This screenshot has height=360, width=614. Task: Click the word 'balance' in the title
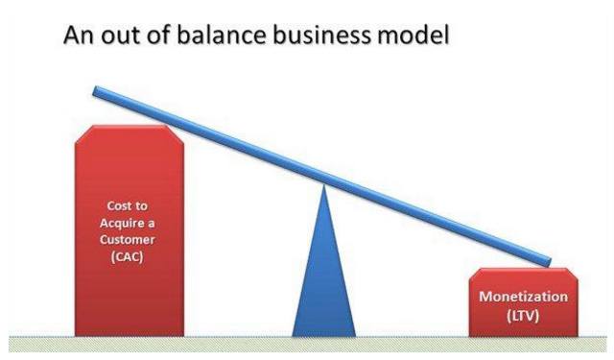click(x=222, y=35)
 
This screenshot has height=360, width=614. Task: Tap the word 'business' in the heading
click(x=321, y=35)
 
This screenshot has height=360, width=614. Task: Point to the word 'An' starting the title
click(x=80, y=35)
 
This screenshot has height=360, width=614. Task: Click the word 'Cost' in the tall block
click(x=119, y=205)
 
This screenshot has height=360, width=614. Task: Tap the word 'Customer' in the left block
click(x=128, y=239)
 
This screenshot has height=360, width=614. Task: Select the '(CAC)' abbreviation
click(x=128, y=257)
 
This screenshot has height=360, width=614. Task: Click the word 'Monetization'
click(x=523, y=297)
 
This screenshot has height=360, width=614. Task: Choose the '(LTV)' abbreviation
click(x=523, y=315)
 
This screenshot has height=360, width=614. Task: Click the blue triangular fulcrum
click(x=324, y=275)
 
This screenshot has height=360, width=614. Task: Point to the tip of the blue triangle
click(x=324, y=185)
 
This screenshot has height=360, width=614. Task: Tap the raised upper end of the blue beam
click(x=96, y=91)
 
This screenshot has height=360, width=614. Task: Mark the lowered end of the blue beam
click(x=548, y=262)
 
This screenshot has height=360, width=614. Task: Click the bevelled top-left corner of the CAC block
click(x=83, y=133)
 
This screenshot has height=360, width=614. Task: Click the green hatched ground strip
click(x=308, y=345)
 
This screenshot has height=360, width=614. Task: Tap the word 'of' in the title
click(x=158, y=35)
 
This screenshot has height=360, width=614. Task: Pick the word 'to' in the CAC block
click(x=141, y=205)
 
